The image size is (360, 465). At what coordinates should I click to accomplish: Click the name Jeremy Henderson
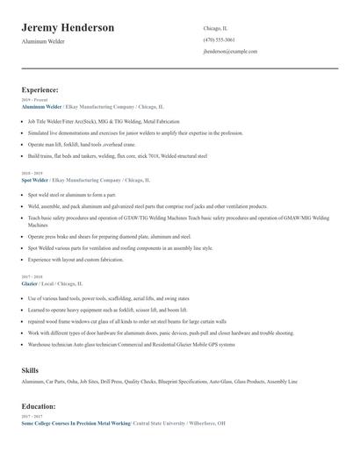(x=68, y=28)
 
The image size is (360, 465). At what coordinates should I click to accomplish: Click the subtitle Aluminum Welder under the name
(x=43, y=42)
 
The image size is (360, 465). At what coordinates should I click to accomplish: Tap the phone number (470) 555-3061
(x=219, y=39)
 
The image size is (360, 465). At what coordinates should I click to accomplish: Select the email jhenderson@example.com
(x=230, y=52)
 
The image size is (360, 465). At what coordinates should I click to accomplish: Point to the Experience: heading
(x=40, y=89)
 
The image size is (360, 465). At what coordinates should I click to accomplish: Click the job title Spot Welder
(x=35, y=179)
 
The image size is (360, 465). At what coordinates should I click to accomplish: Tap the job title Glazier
(x=30, y=284)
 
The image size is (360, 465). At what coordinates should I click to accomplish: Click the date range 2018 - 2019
(x=31, y=173)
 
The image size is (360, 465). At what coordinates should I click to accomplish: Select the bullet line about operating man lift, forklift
(x=81, y=144)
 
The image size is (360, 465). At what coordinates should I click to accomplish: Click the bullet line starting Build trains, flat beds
(x=117, y=155)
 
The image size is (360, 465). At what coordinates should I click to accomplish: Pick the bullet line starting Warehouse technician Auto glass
(x=131, y=344)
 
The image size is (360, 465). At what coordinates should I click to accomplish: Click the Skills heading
(x=30, y=371)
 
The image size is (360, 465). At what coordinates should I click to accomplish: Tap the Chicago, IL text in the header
(x=215, y=27)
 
